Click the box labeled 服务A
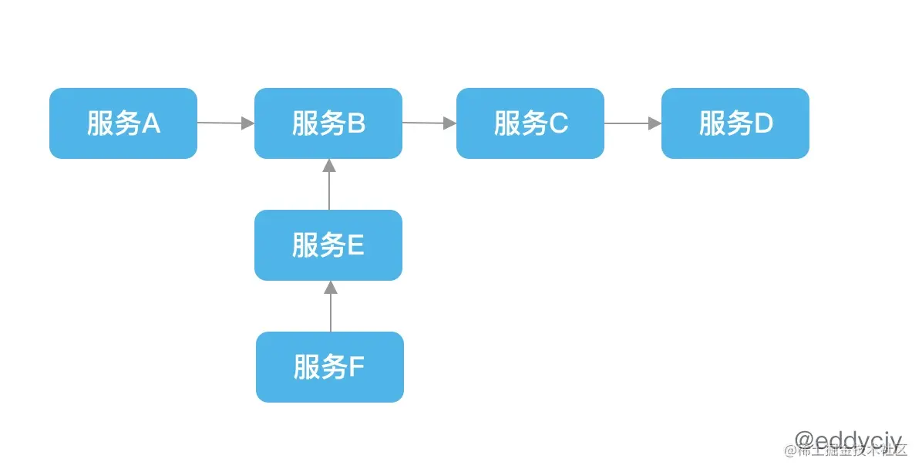pos(123,123)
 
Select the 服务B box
pos(328,123)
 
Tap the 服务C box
pos(530,123)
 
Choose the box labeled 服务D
pos(735,123)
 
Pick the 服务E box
pos(328,245)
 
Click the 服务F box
pos(330,367)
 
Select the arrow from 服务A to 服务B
pos(225,123)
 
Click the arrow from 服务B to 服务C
pos(429,123)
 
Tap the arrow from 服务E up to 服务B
pos(329,185)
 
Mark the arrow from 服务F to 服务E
pos(331,307)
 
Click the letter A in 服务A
pos(151,123)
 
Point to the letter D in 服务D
pos(763,123)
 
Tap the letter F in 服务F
pos(356,367)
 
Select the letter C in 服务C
pos(558,123)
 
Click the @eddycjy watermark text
pos(847,440)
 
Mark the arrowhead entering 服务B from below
pos(329,165)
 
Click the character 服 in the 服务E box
pos(305,245)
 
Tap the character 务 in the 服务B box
pos(333,123)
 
